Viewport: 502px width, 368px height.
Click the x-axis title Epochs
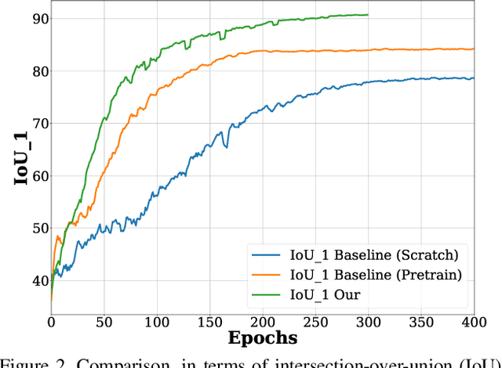click(x=263, y=338)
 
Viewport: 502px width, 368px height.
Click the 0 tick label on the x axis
click(x=52, y=321)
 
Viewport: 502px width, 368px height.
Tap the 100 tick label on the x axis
click(x=157, y=321)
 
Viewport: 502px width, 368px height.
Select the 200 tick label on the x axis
click(x=263, y=321)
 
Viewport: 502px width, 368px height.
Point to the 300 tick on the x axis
click(x=368, y=321)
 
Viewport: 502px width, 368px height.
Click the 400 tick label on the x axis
click(x=473, y=321)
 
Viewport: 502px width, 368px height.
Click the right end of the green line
click(x=368, y=15)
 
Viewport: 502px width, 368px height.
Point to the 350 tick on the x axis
click(x=420, y=321)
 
